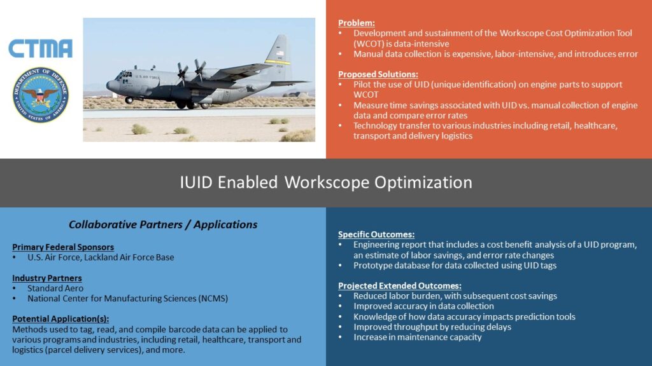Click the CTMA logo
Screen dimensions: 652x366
tap(40, 48)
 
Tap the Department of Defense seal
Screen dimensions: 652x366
tap(41, 95)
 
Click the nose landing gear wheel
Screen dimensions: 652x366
tap(129, 100)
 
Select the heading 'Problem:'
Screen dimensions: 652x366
tap(357, 23)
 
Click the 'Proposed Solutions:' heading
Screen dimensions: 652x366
tap(378, 74)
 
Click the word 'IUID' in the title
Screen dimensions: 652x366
tap(196, 182)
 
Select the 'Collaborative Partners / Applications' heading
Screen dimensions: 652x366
tap(163, 224)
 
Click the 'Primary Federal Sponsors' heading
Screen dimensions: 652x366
tap(63, 247)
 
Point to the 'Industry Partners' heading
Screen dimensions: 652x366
tap(47, 278)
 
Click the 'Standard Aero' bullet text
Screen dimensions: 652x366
tap(55, 288)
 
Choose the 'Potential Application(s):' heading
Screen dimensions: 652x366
tap(60, 319)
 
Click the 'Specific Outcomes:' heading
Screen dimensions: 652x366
tap(376, 234)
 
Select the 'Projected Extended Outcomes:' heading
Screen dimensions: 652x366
tap(400, 286)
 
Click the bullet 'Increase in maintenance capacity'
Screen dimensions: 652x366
tap(418, 337)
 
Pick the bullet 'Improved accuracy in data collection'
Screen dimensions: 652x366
tap(423, 306)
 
